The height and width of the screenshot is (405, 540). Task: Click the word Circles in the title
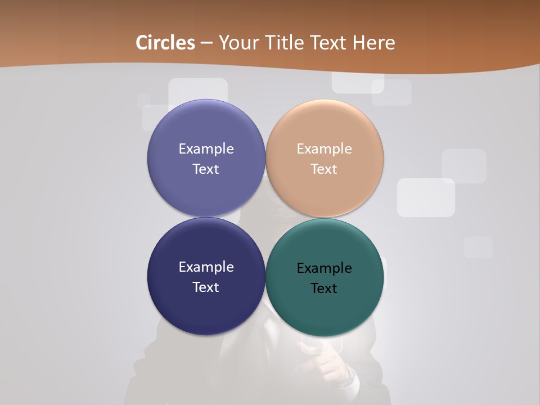[165, 43]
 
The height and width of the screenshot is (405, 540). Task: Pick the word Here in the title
[374, 43]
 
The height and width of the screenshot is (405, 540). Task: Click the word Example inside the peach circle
[324, 149]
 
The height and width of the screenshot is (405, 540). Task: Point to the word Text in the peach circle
[324, 169]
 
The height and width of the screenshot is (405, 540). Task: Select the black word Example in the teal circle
[324, 268]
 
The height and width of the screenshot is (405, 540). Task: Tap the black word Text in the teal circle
[324, 289]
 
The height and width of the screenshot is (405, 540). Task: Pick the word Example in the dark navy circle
[206, 267]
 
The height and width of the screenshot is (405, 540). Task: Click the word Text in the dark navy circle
[206, 287]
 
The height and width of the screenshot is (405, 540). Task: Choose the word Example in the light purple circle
[206, 149]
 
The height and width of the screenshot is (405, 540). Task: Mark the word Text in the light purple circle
[206, 169]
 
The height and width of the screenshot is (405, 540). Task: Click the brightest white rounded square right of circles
[426, 197]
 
